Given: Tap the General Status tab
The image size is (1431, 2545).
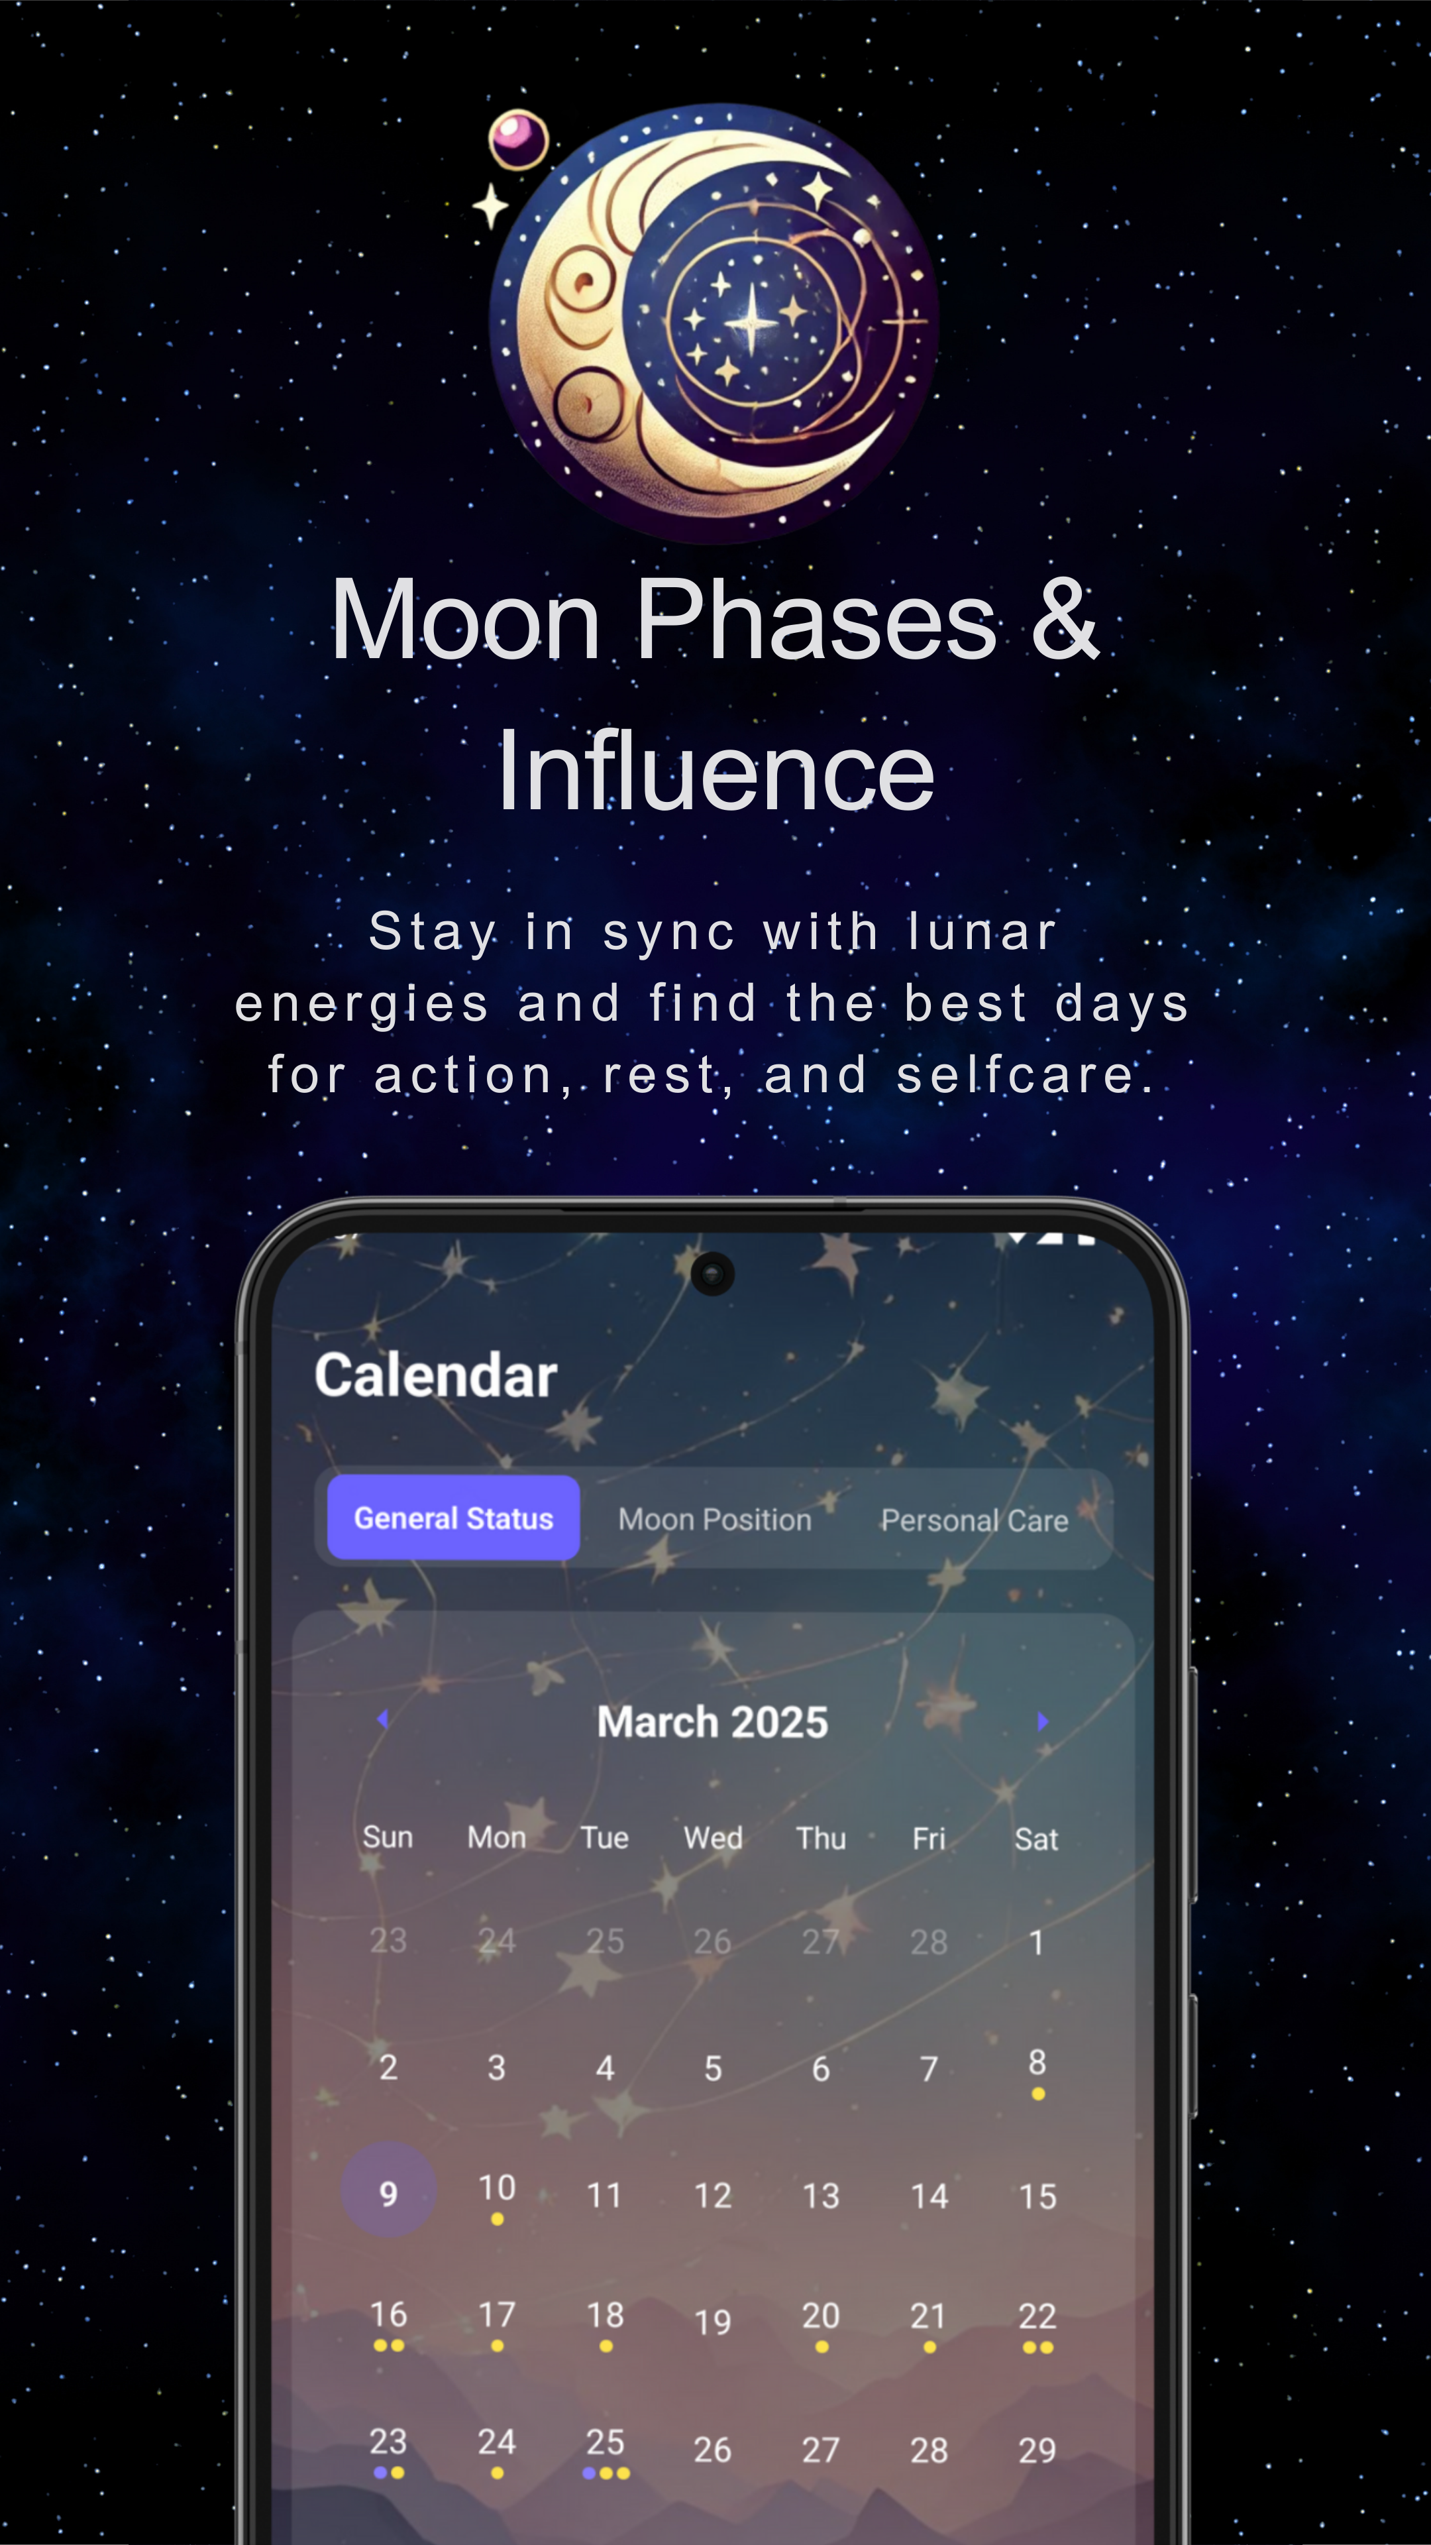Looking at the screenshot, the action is point(453,1518).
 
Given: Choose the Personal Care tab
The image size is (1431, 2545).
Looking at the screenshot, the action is point(975,1520).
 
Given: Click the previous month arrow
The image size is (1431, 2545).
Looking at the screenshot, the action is point(383,1719).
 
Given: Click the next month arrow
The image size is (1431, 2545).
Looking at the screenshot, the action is point(1043,1721).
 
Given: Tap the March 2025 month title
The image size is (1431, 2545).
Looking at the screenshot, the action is point(713,1722).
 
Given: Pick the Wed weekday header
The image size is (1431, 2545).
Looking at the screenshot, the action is point(713,1838).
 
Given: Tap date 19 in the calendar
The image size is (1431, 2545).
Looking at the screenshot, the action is point(713,2322).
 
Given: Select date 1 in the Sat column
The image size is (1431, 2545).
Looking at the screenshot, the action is point(1037,1943).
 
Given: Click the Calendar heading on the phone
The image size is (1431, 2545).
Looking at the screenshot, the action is point(435,1375).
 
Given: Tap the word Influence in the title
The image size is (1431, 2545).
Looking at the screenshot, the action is point(716,771).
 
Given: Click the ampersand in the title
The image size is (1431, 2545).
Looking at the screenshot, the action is point(1065,620).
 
